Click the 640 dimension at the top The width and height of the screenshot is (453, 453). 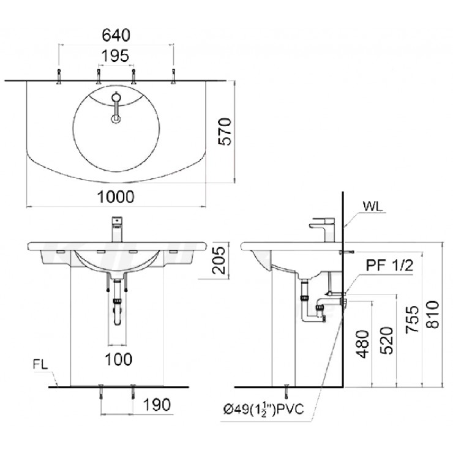coord(116,33)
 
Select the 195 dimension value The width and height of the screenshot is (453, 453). coord(116,56)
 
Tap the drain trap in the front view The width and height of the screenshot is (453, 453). coord(117,309)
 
